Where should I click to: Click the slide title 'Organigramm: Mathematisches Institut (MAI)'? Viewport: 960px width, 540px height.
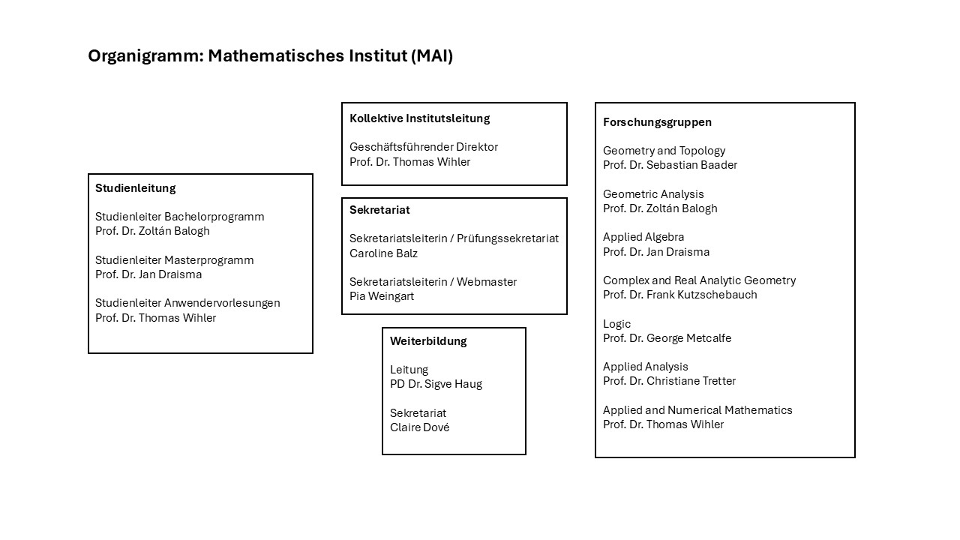271,56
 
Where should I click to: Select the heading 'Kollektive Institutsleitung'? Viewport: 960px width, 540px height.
419,118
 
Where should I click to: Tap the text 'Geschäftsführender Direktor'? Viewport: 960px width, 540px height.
424,147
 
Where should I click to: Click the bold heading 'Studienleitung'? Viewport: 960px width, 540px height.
136,188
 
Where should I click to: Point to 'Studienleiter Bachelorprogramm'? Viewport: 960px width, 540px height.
179,217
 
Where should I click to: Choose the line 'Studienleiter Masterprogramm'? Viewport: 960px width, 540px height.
175,260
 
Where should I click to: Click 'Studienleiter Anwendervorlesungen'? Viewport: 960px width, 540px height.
187,303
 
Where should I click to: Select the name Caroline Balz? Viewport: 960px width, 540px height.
383,253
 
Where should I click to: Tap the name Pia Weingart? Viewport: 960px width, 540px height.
382,296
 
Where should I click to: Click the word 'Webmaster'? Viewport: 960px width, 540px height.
487,282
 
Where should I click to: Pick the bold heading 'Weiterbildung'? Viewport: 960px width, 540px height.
428,341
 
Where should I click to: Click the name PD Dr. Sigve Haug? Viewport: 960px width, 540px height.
436,384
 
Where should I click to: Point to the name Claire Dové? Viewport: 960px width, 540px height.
419,427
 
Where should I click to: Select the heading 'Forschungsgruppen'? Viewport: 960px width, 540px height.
657,122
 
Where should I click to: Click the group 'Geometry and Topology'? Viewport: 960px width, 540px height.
664,151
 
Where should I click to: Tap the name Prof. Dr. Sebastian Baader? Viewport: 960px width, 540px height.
670,165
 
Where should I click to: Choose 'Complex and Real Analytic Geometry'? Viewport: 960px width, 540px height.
699,280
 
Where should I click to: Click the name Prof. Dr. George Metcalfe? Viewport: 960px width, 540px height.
667,338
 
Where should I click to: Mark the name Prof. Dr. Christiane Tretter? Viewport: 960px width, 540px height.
669,381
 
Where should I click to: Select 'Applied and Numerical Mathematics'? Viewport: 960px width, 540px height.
697,410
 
